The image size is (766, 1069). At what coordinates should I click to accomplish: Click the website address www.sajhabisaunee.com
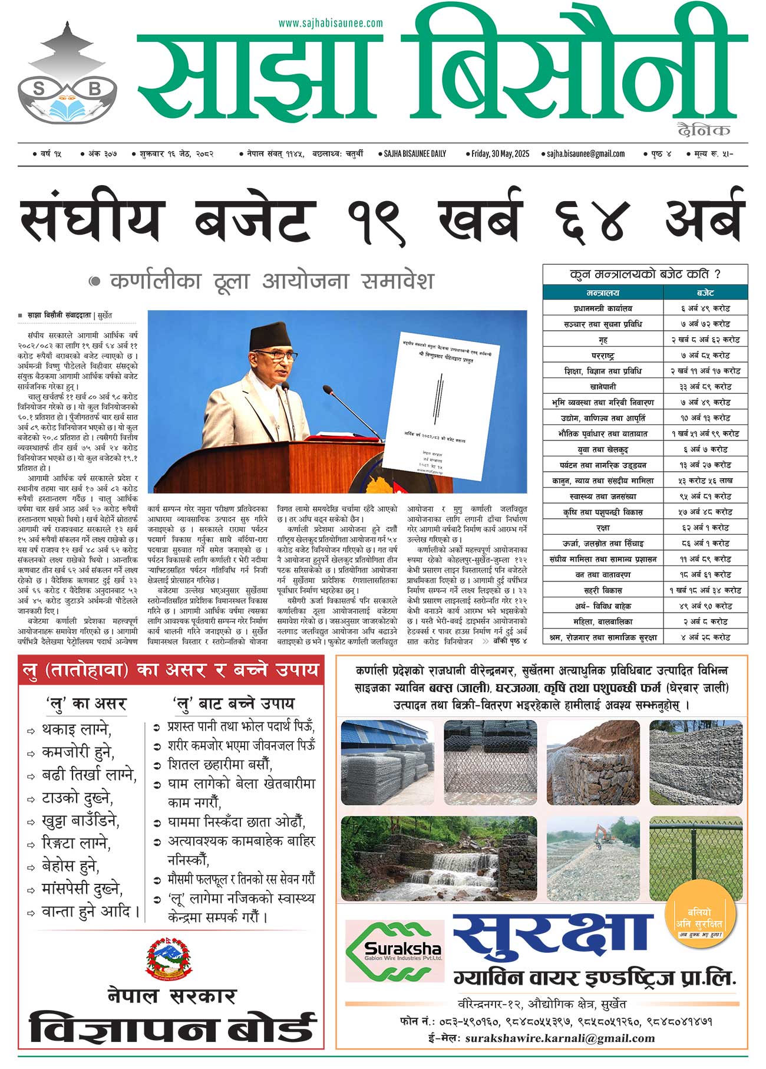click(331, 24)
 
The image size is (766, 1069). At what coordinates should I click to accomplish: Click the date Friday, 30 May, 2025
click(500, 154)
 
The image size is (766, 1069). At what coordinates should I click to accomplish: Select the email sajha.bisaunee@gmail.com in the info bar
click(585, 154)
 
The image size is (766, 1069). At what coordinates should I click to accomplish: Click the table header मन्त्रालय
click(603, 293)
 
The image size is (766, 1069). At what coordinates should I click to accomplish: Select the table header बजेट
click(705, 293)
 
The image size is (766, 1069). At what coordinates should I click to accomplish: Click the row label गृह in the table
click(603, 340)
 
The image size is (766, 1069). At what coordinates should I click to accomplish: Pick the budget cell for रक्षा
click(705, 528)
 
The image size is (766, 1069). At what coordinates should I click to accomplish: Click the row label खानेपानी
click(603, 387)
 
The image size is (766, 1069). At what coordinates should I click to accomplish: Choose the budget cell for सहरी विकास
click(705, 590)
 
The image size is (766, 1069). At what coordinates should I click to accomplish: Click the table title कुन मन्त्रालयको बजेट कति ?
click(645, 274)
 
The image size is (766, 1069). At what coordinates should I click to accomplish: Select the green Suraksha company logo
click(394, 950)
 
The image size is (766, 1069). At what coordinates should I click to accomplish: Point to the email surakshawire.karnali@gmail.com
click(560, 1038)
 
